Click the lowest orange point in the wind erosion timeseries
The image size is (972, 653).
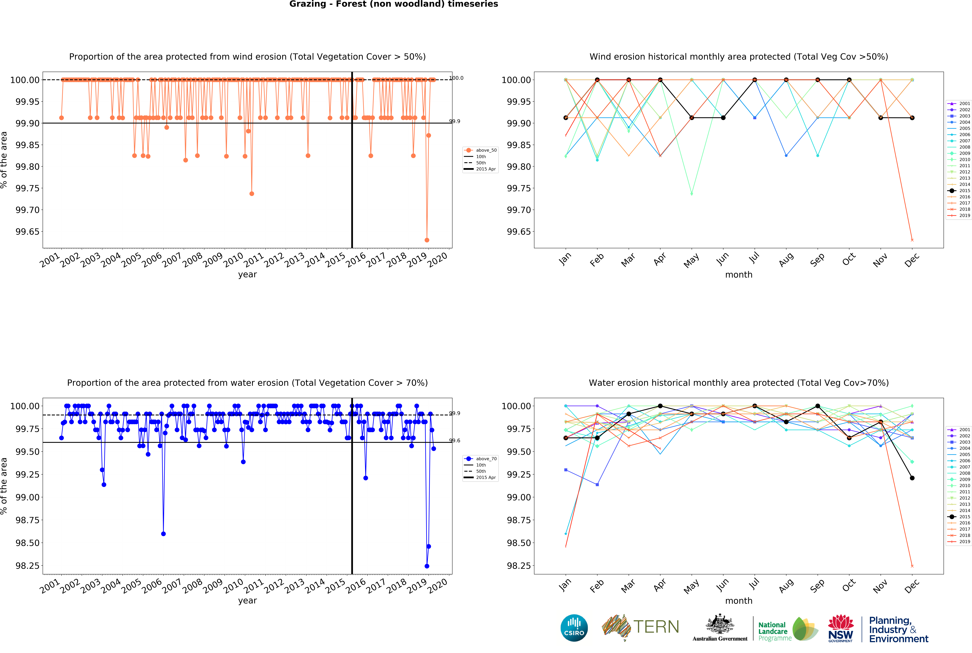coord(427,240)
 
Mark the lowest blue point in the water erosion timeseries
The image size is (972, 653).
coord(427,566)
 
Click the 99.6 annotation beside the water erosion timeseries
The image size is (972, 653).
coord(455,441)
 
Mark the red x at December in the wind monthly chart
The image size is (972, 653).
coord(912,240)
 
